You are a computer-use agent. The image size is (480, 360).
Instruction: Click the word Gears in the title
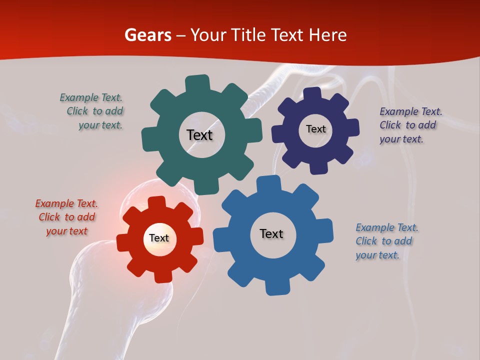(x=147, y=35)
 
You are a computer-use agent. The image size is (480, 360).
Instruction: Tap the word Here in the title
(x=328, y=35)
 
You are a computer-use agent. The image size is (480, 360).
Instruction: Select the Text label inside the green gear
(x=199, y=135)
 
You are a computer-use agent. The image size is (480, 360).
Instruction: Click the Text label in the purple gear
(x=315, y=129)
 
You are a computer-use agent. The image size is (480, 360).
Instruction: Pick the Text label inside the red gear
(x=159, y=238)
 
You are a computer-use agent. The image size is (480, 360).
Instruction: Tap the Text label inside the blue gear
(x=271, y=234)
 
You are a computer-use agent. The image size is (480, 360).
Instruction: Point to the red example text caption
(x=66, y=217)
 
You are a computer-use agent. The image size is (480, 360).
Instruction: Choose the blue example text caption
(x=386, y=241)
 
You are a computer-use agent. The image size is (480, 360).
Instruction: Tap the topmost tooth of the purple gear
(x=312, y=93)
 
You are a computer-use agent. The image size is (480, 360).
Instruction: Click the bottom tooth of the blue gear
(x=276, y=287)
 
